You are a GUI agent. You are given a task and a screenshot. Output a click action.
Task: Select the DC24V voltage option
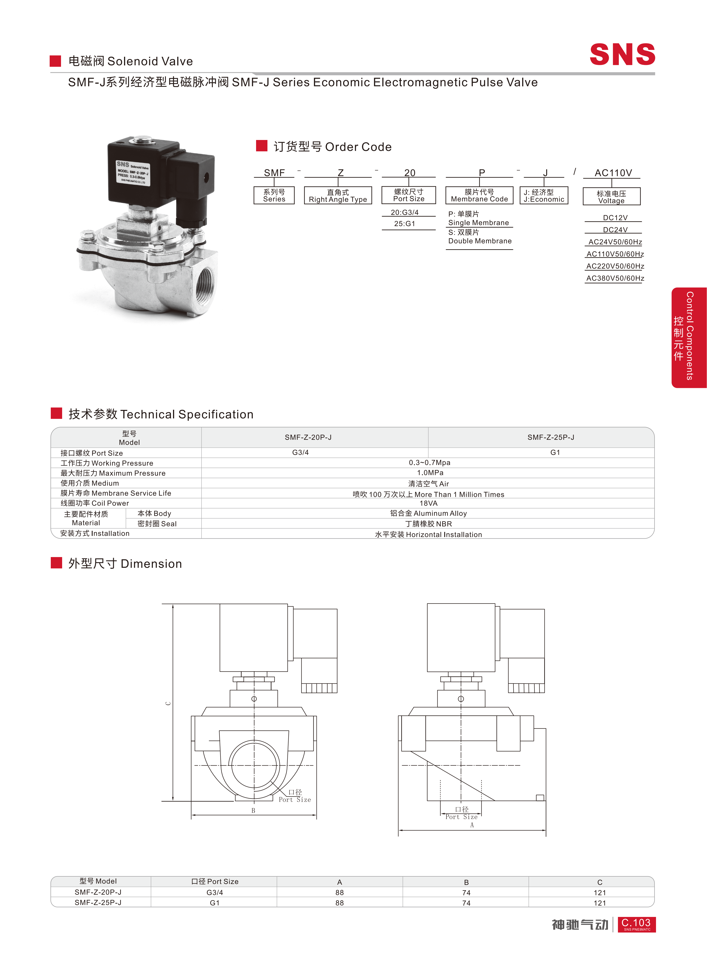coord(615,230)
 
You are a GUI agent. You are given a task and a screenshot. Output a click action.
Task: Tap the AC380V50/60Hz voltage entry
coord(615,278)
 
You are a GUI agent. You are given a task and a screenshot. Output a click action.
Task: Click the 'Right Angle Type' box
coord(338,195)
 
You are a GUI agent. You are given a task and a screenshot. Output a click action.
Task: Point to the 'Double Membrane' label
coord(480,241)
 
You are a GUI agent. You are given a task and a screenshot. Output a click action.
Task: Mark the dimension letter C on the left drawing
coord(168,703)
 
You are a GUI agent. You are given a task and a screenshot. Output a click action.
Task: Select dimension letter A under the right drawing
coord(472,825)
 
